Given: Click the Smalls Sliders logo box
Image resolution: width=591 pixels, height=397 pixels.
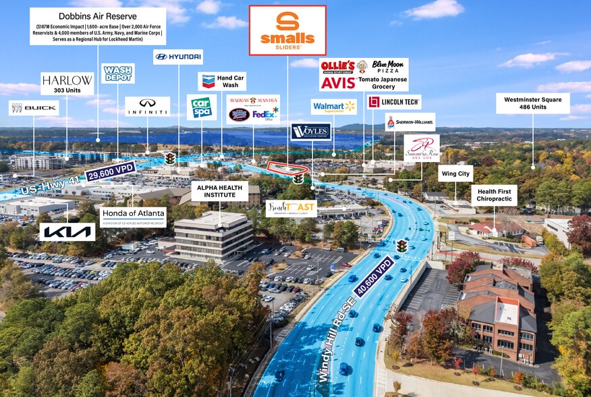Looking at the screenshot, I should click(x=287, y=30).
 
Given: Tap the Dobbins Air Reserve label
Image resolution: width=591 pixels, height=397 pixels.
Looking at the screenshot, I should click(x=98, y=26).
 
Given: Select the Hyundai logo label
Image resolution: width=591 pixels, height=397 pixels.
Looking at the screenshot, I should click(x=178, y=57).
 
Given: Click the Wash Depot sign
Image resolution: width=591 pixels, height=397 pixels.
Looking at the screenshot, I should click(x=118, y=73).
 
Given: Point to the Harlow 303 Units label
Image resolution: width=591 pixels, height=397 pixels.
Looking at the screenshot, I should click(x=67, y=84).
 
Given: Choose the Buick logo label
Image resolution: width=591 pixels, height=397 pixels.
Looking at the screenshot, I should click(x=34, y=108).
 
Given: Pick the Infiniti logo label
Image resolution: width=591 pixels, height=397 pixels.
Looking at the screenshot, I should click(x=147, y=106).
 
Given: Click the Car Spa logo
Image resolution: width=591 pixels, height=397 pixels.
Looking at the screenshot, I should click(x=201, y=107).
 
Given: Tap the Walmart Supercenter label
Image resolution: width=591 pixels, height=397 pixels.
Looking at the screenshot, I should click(x=333, y=107).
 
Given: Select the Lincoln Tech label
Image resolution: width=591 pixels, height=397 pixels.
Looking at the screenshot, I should click(x=394, y=102).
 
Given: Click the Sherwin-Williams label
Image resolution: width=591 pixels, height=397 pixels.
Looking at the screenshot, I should click(x=410, y=122).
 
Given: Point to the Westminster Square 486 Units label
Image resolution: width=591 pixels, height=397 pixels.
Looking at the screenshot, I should click(x=532, y=103).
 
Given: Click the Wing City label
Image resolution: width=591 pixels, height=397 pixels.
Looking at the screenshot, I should click(x=455, y=174).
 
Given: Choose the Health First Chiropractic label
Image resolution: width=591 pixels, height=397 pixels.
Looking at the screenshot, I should click(x=494, y=195).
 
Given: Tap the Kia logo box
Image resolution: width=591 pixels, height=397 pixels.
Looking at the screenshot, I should click(x=67, y=232).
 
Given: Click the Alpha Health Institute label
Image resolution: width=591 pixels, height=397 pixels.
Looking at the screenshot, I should click(x=220, y=191).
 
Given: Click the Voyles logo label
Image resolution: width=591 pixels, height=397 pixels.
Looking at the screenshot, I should click(x=310, y=132).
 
